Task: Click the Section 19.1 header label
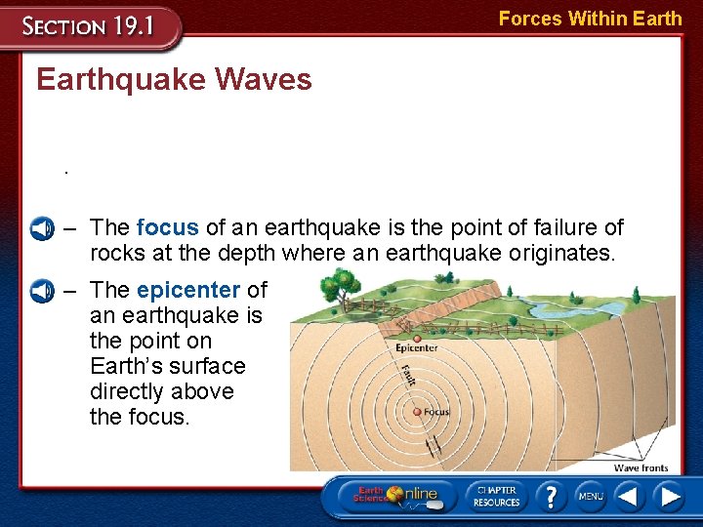(x=90, y=25)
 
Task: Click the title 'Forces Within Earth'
(x=590, y=19)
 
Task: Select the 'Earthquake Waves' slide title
(x=174, y=80)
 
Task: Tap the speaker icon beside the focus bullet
(x=41, y=228)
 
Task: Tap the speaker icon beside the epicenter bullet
(x=41, y=291)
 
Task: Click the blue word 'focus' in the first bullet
(x=167, y=227)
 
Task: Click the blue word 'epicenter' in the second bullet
(x=187, y=290)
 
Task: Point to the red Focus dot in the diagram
(x=417, y=412)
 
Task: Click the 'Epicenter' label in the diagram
(x=416, y=348)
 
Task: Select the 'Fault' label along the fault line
(x=407, y=375)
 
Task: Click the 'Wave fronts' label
(x=641, y=468)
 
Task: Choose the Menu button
(x=590, y=496)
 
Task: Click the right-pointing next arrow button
(x=670, y=496)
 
